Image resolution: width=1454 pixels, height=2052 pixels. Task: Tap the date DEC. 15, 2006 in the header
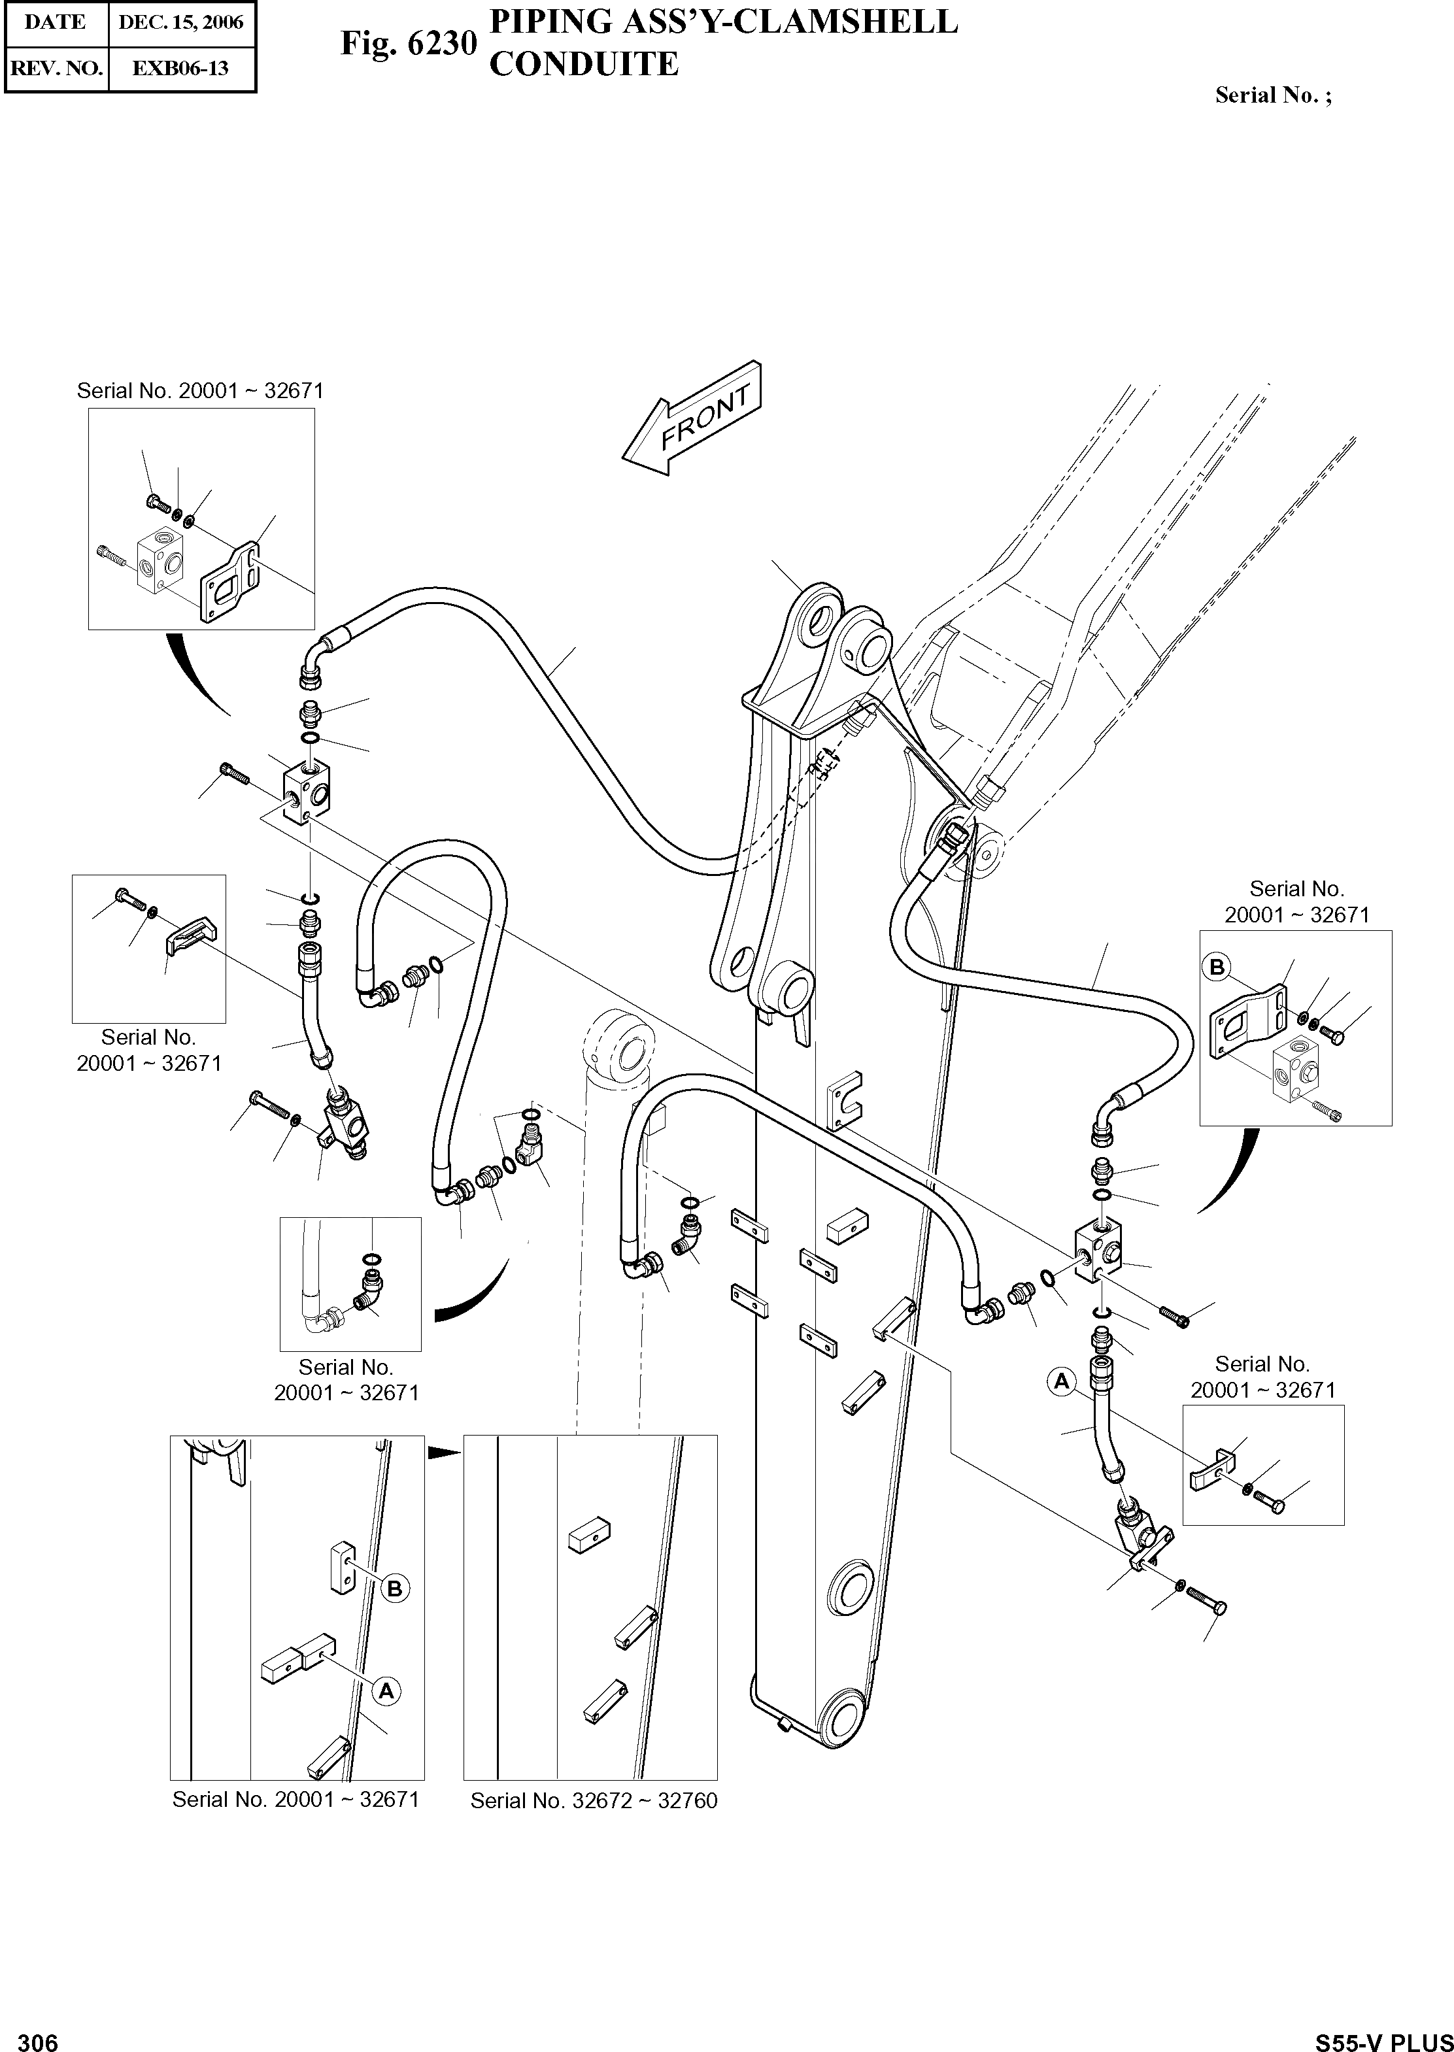click(x=181, y=22)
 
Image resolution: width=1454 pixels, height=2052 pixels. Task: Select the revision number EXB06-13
click(x=181, y=68)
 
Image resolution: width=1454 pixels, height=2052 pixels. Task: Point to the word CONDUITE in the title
click(x=584, y=65)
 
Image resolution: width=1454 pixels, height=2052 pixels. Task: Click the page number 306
click(x=38, y=2036)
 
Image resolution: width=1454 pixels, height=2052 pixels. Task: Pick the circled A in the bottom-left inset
click(x=387, y=1691)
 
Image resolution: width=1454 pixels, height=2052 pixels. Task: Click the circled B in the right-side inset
click(x=1217, y=967)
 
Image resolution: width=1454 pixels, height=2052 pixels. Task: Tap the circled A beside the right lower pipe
click(x=1061, y=1381)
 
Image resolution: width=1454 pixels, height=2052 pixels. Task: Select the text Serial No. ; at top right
click(x=1272, y=95)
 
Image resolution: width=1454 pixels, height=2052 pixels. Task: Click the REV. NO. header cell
click(x=56, y=68)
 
